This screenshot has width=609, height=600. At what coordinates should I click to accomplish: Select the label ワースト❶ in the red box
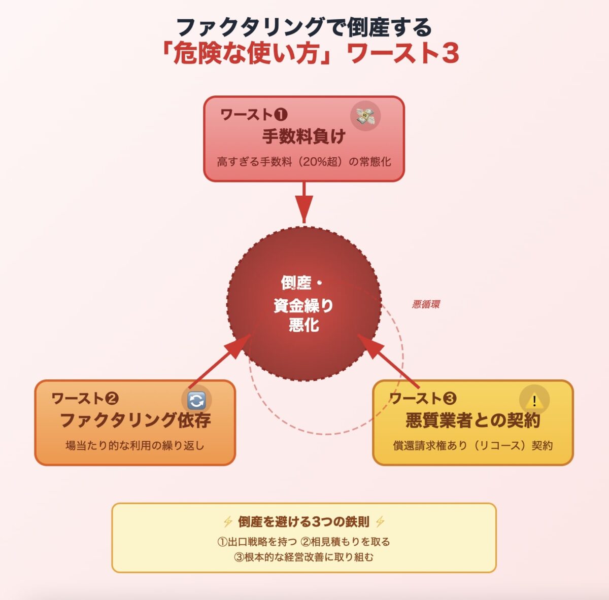click(254, 115)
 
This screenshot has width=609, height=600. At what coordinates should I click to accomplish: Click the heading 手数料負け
click(303, 136)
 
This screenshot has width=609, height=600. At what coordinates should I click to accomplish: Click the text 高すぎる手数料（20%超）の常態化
click(304, 162)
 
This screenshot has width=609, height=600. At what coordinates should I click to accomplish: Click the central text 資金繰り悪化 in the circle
click(303, 314)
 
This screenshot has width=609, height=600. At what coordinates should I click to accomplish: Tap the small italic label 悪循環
click(426, 304)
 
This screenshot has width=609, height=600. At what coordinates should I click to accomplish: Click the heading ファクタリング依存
click(136, 420)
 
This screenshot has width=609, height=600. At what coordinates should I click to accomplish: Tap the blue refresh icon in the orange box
click(196, 401)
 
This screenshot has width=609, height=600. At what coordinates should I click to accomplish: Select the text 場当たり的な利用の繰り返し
click(135, 446)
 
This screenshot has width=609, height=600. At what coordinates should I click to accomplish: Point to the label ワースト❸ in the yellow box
click(423, 399)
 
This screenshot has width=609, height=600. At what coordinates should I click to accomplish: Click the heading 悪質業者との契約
click(472, 420)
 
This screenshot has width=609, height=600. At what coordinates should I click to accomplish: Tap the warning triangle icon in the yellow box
click(534, 401)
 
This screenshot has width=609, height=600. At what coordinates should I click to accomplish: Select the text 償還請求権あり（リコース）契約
click(472, 446)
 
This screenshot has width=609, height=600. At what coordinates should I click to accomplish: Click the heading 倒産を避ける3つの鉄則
click(303, 521)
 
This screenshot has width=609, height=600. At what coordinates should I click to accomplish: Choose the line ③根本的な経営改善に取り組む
click(303, 557)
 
